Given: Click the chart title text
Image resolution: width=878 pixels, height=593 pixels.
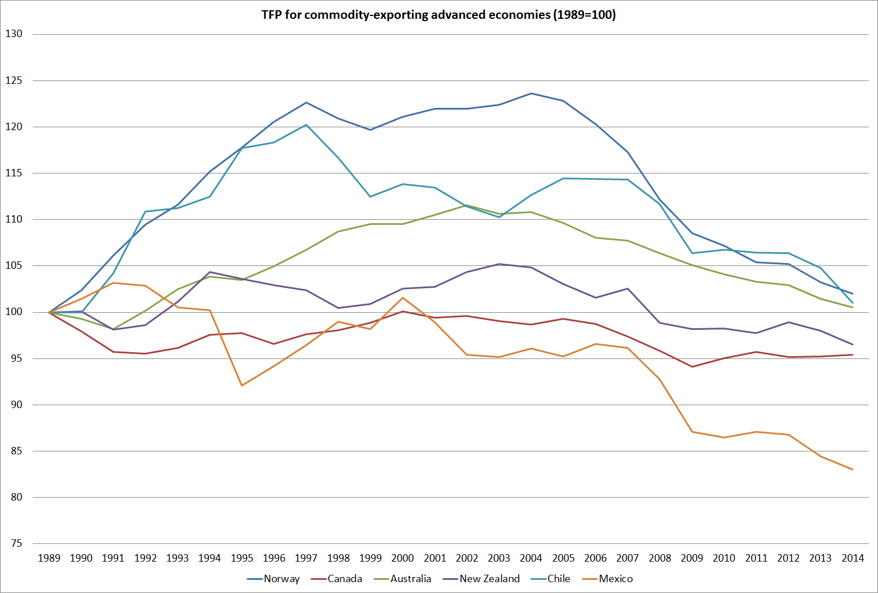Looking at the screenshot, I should pos(438,15).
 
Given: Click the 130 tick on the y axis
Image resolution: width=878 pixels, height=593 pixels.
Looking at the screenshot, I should pos(14,34).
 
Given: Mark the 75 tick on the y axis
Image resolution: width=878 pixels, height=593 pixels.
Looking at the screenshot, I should pos(16,543).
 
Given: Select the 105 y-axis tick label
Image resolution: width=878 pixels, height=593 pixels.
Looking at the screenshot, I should pos(14,265).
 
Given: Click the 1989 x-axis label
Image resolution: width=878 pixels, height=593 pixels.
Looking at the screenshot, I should pos(49,558).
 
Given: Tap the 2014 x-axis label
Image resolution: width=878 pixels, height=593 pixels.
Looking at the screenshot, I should pos(853,558).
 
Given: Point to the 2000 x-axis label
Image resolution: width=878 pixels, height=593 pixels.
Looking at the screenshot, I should pos(402,558).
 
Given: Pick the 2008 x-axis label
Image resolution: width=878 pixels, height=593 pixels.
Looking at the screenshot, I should pos(660,558).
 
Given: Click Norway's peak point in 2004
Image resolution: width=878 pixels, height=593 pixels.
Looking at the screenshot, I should pos(531,93).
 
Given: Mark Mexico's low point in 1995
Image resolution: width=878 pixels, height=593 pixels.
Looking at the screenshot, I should pos(242,386).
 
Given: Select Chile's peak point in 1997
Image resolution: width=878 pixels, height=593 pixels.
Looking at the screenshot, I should pos(307,125).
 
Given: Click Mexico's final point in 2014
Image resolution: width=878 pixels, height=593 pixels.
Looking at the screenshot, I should pos(853,470).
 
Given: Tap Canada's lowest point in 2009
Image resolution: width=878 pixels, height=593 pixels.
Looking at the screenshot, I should pos(692,366).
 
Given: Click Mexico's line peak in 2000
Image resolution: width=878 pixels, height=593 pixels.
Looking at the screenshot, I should pos(402,298).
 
